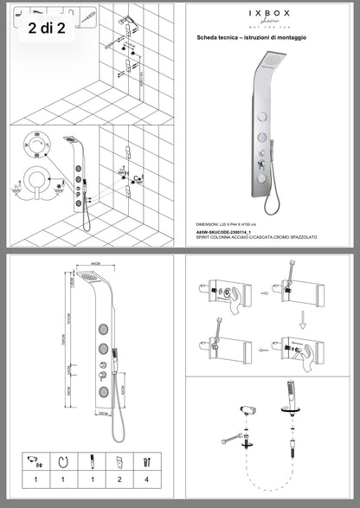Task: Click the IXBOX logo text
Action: [270, 15]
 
